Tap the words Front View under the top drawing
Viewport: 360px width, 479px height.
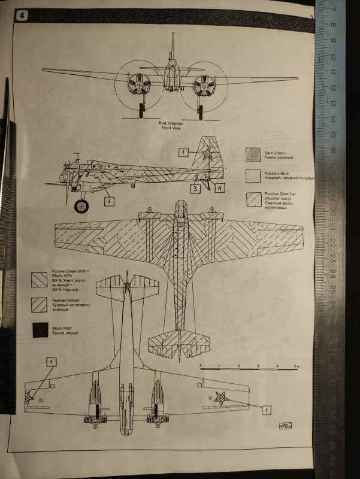click(167, 128)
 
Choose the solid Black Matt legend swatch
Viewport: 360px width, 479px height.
click(40, 329)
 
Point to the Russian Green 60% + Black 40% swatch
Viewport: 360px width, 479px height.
click(40, 279)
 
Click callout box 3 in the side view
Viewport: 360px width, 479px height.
click(195, 189)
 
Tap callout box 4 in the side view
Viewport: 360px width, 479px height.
click(220, 189)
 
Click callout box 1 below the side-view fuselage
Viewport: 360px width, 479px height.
click(108, 202)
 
